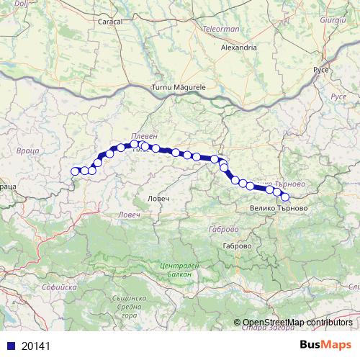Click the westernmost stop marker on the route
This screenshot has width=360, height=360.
pyautogui.click(x=75, y=171)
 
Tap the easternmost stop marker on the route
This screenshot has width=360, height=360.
pyautogui.click(x=285, y=197)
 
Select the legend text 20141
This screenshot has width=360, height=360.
pyautogui.click(x=35, y=346)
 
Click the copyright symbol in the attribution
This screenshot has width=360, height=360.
pyautogui.click(x=238, y=323)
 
